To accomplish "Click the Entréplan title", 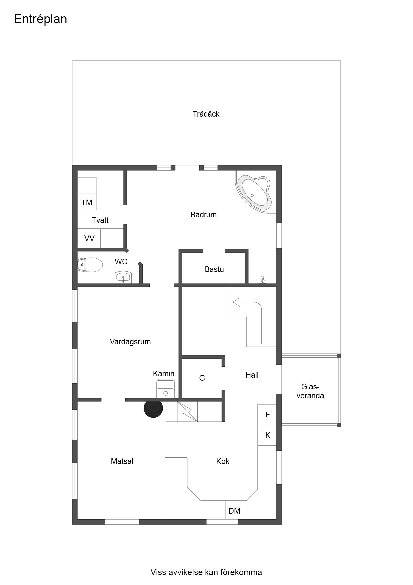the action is click(40, 19).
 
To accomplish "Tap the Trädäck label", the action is click(206, 114).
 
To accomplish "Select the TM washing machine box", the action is click(87, 202).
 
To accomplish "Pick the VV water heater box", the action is click(89, 238).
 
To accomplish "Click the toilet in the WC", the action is click(90, 265).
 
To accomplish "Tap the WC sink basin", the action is click(123, 277).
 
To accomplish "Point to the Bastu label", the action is click(214, 269).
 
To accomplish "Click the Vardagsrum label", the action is click(130, 342).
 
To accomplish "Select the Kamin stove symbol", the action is click(166, 389).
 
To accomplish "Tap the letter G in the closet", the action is click(202, 378).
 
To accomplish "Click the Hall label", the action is click(252, 375).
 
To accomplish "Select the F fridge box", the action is click(267, 415).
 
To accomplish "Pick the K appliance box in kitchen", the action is click(267, 435).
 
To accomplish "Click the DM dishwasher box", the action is click(234, 510).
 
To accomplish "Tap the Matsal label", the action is click(122, 461).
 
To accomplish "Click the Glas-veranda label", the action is click(310, 391).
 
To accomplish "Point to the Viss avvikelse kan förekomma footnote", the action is click(206, 572).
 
